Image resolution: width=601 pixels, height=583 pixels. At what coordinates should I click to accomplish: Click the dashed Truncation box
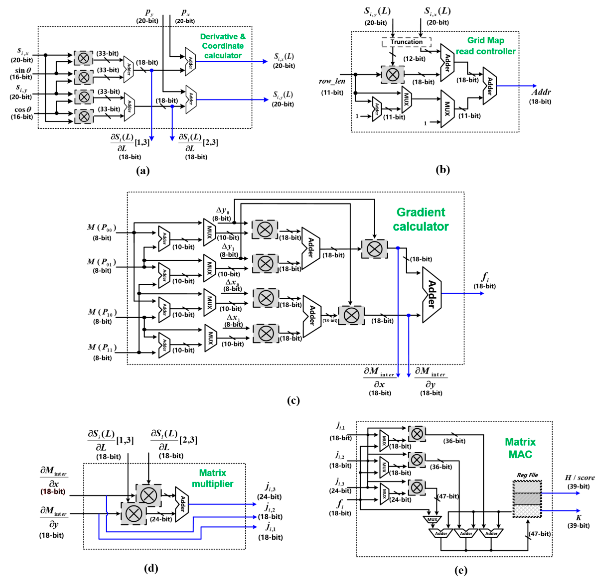click(x=406, y=42)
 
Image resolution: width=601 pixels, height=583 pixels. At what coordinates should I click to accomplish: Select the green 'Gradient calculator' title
click(x=420, y=219)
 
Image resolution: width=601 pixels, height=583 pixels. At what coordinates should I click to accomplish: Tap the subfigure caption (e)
click(x=461, y=570)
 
